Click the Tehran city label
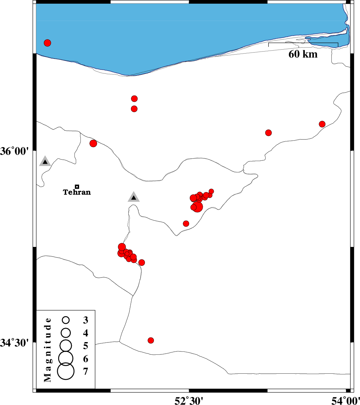[77, 192]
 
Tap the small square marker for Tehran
[77, 187]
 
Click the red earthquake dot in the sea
[47, 43]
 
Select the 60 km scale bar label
[303, 54]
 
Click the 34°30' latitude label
[15, 342]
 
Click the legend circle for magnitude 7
[65, 371]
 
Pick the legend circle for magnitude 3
[66, 320]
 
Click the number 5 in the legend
[86, 346]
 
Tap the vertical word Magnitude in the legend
[48, 349]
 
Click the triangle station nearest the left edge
[45, 161]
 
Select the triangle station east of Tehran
[134, 197]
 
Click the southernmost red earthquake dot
[151, 340]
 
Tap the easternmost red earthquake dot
[322, 124]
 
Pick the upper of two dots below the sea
[134, 99]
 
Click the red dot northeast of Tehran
[93, 143]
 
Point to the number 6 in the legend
[86, 359]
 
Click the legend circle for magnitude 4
[66, 332]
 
